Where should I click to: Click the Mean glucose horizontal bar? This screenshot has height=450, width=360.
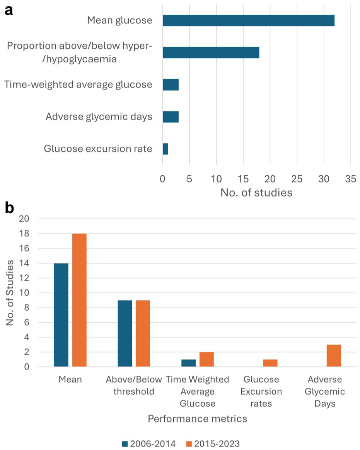click(248, 21)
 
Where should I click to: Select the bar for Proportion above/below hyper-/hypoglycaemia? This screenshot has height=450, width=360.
click(211, 53)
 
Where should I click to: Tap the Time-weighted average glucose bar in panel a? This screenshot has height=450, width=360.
click(171, 85)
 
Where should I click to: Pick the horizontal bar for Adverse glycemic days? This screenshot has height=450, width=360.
click(171, 117)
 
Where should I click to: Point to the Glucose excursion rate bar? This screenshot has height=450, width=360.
click(165, 149)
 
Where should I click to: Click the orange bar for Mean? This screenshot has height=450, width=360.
click(79, 300)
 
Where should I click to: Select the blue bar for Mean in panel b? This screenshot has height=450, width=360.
click(61, 315)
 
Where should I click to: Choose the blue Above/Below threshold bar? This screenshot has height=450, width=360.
click(125, 334)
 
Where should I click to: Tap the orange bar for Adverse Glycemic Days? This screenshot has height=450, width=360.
click(334, 356)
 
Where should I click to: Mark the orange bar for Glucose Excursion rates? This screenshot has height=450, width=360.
click(270, 363)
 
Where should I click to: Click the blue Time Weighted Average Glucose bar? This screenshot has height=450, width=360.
click(188, 363)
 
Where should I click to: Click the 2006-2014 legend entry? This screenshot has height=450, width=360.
click(149, 444)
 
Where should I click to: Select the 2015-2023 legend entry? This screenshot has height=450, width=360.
click(213, 444)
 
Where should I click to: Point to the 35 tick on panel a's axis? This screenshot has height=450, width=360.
click(351, 179)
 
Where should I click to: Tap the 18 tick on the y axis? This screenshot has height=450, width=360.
click(24, 234)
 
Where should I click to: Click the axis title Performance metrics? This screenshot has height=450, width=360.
click(197, 419)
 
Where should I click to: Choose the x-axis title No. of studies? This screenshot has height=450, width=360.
click(256, 193)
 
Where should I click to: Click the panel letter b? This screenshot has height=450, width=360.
click(9, 208)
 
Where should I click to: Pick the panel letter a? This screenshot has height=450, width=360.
click(9, 10)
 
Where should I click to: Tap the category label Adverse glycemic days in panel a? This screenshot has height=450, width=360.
click(99, 117)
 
